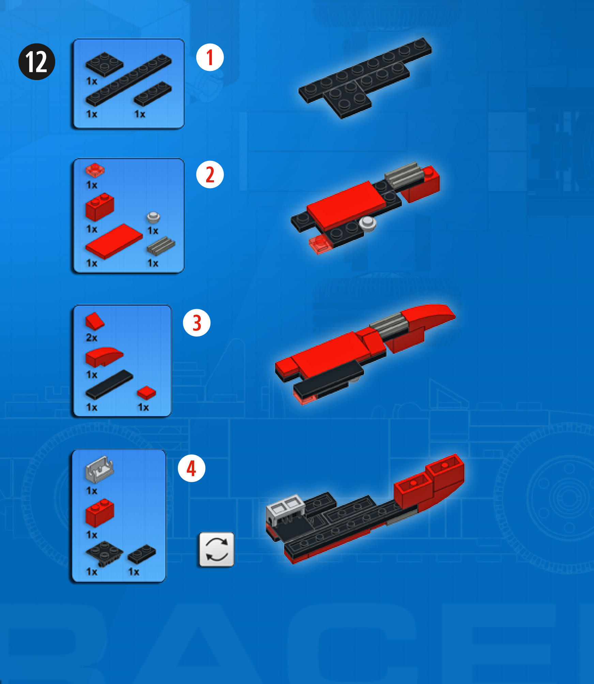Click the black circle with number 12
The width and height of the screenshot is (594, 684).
click(37, 62)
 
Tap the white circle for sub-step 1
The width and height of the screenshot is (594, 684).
click(210, 57)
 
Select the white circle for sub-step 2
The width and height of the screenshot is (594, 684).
click(210, 174)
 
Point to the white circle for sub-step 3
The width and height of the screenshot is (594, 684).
click(197, 323)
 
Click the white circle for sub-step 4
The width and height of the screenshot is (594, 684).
click(192, 468)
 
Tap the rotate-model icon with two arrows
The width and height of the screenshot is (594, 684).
click(216, 549)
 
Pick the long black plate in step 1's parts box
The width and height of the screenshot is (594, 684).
click(128, 80)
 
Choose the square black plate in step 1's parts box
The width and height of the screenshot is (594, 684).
click(104, 64)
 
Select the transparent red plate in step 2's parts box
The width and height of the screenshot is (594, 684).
click(95, 170)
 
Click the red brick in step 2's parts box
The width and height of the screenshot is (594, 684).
click(100, 207)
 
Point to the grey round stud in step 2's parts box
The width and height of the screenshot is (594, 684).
click(153, 217)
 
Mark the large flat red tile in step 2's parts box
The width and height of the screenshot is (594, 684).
click(114, 241)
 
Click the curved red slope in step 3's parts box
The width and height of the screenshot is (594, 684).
click(104, 357)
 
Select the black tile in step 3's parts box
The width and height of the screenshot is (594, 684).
click(109, 384)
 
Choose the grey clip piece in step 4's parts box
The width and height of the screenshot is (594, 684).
click(99, 470)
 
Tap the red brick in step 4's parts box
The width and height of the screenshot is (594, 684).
click(100, 513)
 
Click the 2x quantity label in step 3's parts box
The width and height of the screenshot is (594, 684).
click(92, 338)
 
